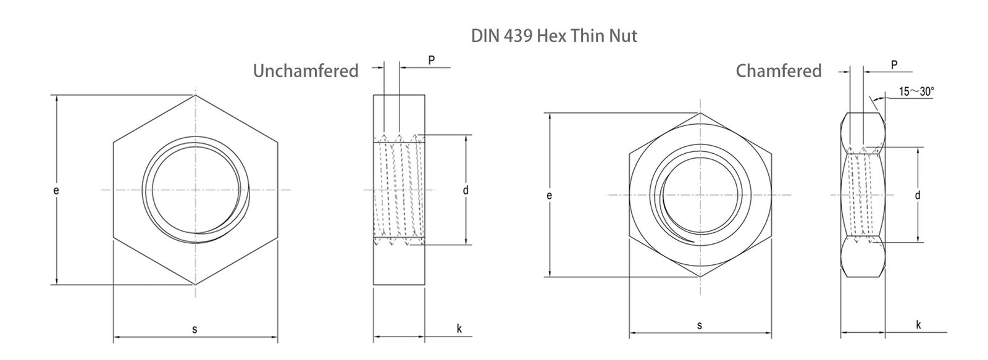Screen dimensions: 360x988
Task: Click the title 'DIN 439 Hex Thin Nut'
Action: [554, 36]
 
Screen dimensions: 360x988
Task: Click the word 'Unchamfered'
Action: [306, 71]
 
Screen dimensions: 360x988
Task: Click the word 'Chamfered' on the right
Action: [778, 71]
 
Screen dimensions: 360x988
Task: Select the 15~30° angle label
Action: [916, 91]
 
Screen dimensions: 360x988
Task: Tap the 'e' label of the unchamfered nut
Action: [56, 191]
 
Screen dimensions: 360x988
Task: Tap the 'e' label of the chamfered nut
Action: [549, 196]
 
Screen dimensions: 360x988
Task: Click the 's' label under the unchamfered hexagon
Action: [195, 329]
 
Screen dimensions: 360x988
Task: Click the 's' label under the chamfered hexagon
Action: [699, 325]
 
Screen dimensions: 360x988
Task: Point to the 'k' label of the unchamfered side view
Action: [459, 328]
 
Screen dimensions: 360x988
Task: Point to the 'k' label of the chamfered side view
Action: [918, 325]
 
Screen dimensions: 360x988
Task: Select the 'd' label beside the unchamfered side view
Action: [466, 191]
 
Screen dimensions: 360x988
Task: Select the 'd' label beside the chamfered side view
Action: [918, 196]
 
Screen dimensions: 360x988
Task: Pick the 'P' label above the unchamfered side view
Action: [431, 60]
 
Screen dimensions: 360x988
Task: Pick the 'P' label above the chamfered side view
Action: [894, 65]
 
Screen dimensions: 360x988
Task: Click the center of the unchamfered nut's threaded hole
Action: [195, 190]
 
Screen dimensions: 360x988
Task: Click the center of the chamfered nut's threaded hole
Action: [700, 195]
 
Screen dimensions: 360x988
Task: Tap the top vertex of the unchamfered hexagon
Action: [195, 95]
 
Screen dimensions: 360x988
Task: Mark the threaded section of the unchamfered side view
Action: [399, 190]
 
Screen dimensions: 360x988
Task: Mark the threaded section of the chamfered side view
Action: [864, 195]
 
